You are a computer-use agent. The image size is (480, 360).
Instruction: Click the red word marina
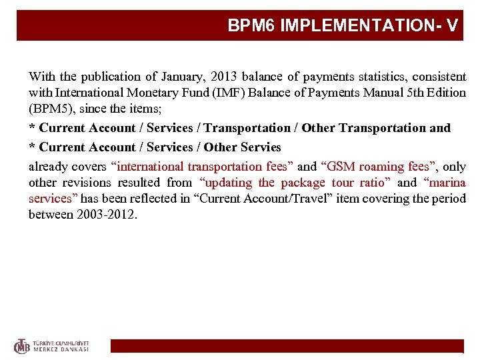[x=449, y=183]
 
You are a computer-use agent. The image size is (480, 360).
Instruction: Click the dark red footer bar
[x=286, y=346]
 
